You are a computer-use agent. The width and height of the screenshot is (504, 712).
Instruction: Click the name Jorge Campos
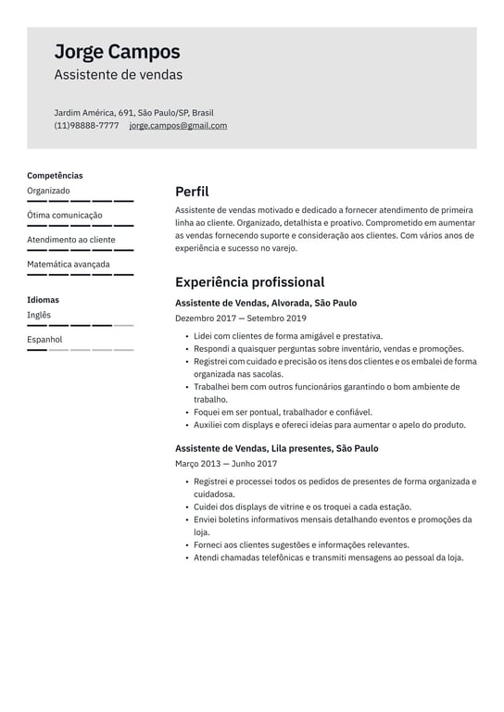(x=117, y=52)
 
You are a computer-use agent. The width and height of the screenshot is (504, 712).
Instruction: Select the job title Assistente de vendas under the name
(x=118, y=75)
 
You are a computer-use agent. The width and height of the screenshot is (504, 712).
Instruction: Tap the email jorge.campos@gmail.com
(x=178, y=126)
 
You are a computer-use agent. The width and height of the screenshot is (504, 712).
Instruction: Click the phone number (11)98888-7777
(x=86, y=126)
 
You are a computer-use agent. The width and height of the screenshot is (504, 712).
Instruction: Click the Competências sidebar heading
(x=55, y=175)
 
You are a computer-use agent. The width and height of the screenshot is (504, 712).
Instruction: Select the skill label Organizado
(x=48, y=191)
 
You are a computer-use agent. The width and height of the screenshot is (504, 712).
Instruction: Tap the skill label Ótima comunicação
(x=65, y=216)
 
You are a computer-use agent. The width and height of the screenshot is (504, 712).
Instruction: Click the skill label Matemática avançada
(x=69, y=264)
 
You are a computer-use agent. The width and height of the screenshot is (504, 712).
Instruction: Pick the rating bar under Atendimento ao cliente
(x=81, y=250)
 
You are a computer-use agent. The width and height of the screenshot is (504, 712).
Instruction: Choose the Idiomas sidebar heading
(x=43, y=300)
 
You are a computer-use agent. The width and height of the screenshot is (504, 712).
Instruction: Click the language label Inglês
(x=39, y=315)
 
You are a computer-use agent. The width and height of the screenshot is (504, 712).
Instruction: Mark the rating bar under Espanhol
(x=81, y=350)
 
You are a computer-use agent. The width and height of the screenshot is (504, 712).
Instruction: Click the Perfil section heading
(x=192, y=192)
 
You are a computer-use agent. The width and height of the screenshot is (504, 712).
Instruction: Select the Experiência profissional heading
(x=249, y=282)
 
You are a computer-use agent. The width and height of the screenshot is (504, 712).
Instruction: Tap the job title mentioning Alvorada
(x=266, y=303)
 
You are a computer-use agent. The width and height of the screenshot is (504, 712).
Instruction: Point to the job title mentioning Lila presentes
(x=277, y=448)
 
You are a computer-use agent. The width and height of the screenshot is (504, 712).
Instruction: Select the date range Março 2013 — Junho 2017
(x=226, y=464)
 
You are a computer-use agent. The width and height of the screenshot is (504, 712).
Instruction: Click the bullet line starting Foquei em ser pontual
(x=283, y=412)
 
